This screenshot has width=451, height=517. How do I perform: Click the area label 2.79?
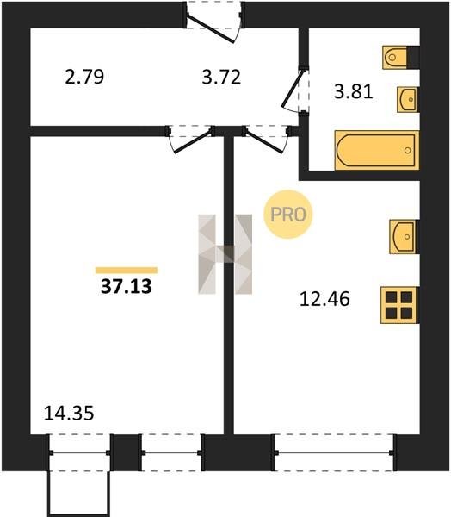[84, 77]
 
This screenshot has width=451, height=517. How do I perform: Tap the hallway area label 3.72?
[221, 78]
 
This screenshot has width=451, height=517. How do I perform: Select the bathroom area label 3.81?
[354, 91]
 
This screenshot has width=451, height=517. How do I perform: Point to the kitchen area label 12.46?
[324, 299]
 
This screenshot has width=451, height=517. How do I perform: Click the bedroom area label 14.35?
[69, 413]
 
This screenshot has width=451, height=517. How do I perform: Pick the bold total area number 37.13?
[127, 286]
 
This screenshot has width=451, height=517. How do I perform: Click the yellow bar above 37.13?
[127, 271]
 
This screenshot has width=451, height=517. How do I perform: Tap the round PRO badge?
[288, 215]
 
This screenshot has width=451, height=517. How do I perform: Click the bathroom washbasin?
[408, 99]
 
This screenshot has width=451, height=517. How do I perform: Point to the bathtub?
[377, 150]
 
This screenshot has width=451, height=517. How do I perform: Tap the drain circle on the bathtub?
[408, 150]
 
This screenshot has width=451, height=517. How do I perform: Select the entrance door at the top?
[213, 22]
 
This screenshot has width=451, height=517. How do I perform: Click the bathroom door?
[294, 90]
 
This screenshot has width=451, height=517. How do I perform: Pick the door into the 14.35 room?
[189, 139]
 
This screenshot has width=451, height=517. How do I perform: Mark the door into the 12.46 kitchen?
[267, 139]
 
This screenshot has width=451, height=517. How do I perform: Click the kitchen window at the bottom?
[334, 452]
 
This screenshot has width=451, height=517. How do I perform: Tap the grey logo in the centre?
[225, 254]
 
